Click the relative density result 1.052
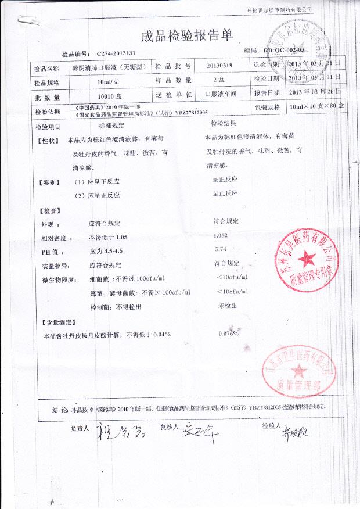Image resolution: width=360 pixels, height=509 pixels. tap(221, 236)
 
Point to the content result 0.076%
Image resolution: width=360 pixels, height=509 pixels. tap(228, 334)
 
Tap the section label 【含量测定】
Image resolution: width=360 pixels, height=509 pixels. tap(60, 321)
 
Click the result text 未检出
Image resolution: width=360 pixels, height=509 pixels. tap(225, 305)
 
